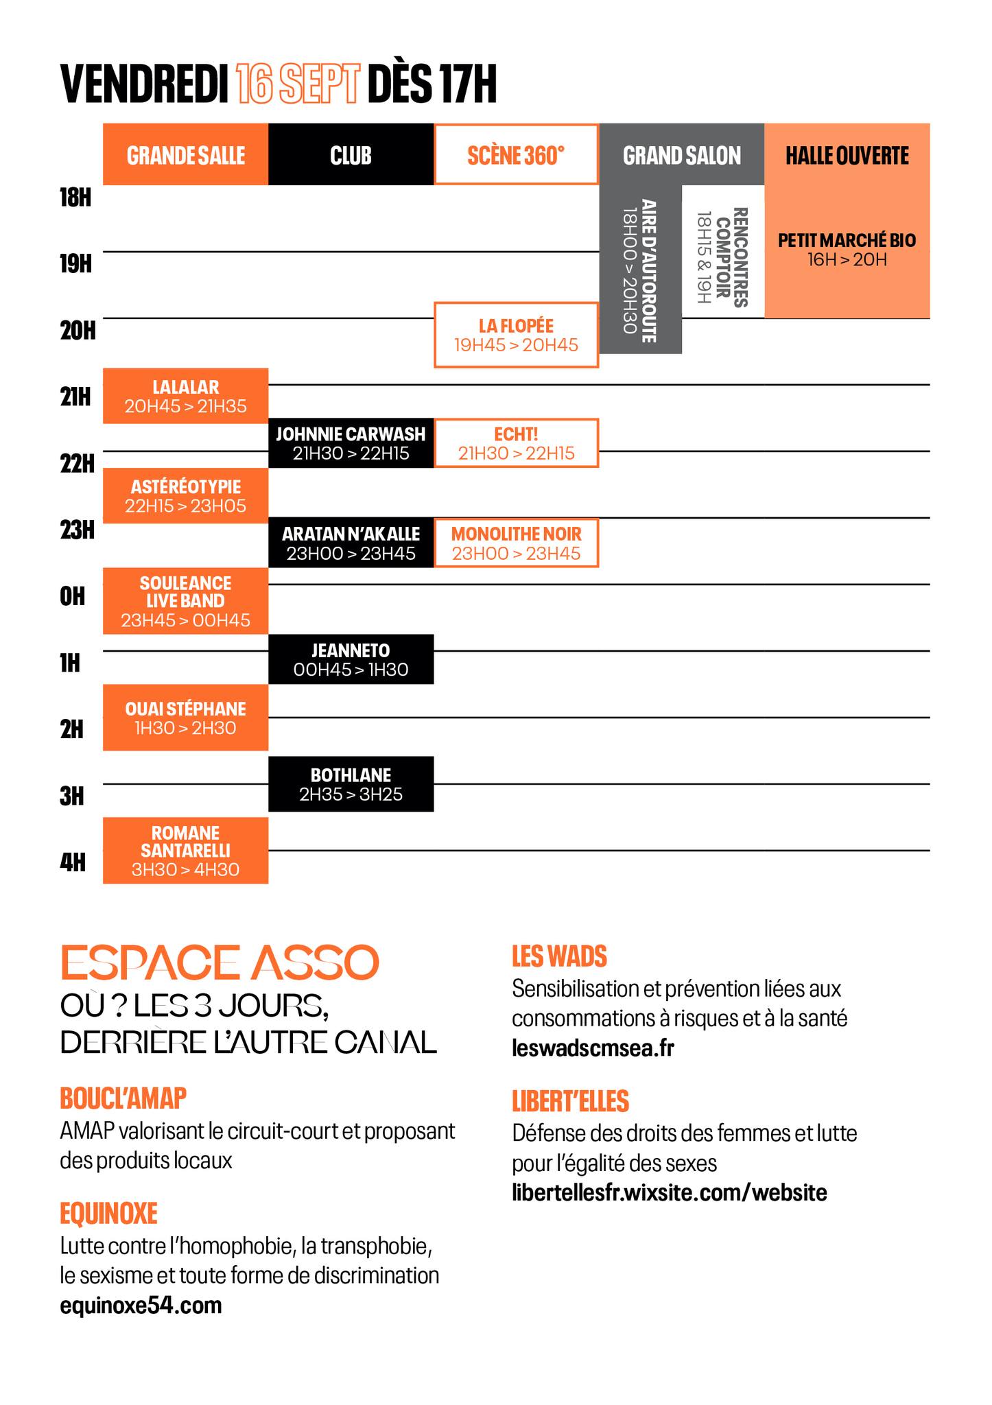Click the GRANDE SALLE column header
coord(185,155)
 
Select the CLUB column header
coord(351,155)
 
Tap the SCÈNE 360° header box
coord(516,155)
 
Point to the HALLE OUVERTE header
coord(847,155)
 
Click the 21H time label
coord(75,397)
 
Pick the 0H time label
coord(73,596)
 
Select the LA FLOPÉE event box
coord(516,335)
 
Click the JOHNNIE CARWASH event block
coord(351,443)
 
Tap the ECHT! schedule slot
coord(516,443)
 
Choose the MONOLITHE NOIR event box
coord(516,543)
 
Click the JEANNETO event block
coord(351,659)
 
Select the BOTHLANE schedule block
coord(351,784)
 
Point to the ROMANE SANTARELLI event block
coord(185,851)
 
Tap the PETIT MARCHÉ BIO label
coord(847,249)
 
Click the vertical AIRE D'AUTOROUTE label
coord(640,271)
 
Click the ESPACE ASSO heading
coord(220,962)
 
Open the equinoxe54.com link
coord(141,1304)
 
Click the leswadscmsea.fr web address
coord(593,1048)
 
